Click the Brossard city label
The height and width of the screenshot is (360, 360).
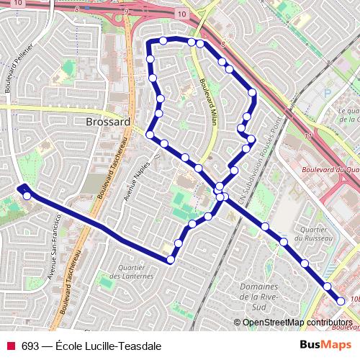tap(107, 122)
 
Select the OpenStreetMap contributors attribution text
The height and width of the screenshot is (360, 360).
tap(297, 323)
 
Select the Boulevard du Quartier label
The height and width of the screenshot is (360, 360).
tap(330, 170)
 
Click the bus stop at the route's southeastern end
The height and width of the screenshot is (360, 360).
tap(341, 302)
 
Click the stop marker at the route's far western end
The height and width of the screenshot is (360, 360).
tap(27, 195)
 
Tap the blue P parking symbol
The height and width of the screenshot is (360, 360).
tap(327, 93)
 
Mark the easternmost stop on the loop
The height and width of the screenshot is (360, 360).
tap(252, 92)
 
